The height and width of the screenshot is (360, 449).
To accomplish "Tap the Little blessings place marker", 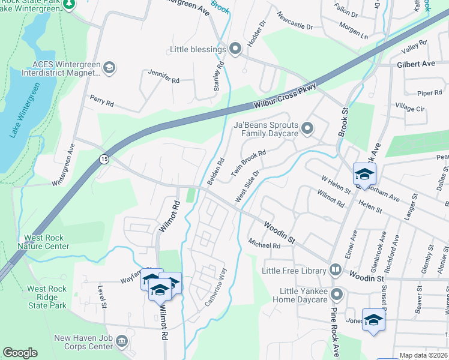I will pyautogui.click(x=235, y=49).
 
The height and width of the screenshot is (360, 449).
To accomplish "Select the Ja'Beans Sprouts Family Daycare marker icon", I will pyautogui.click(x=307, y=128).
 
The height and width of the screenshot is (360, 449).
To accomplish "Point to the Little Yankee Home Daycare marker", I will pyautogui.click(x=337, y=294).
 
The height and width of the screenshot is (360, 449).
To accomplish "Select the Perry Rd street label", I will pyautogui.click(x=101, y=100).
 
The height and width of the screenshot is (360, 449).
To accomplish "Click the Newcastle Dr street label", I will pyautogui.click(x=295, y=22).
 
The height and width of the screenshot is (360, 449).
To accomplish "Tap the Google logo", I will pyautogui.click(x=20, y=353).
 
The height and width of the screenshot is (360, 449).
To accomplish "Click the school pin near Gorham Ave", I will pyautogui.click(x=364, y=175).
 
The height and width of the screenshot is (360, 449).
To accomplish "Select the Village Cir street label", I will pyautogui.click(x=410, y=108).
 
